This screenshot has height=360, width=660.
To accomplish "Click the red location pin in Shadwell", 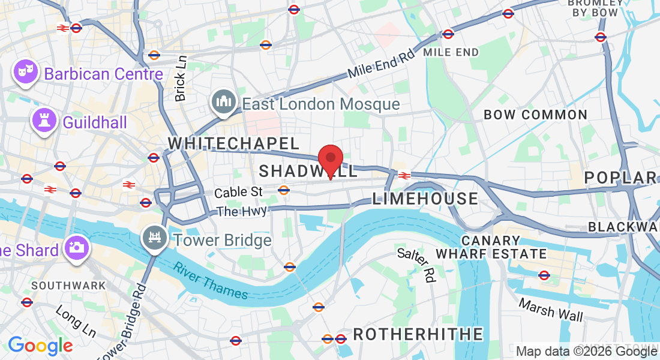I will coord(330,160).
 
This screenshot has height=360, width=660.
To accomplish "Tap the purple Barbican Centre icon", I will coord(25,72).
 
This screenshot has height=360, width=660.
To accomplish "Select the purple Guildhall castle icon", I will coord(44,121).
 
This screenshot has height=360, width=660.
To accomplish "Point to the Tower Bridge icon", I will coord(155,238).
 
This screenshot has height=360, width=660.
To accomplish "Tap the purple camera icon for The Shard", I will coord(76,247).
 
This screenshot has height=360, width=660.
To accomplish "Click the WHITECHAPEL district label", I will coord(233,143).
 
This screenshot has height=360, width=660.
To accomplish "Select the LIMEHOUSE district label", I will coord(425,199).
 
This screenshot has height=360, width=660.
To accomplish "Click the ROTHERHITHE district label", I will coord(418,334).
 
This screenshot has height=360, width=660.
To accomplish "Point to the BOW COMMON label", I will coord(535,114).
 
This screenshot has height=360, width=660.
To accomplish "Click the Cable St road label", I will coord(239,192).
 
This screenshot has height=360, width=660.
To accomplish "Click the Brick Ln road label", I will coord(181,78).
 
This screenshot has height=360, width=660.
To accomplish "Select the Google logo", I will coord(40,346).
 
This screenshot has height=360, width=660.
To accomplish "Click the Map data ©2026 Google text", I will coord(586,352).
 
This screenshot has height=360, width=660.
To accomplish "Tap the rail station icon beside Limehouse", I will coord(404,175).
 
